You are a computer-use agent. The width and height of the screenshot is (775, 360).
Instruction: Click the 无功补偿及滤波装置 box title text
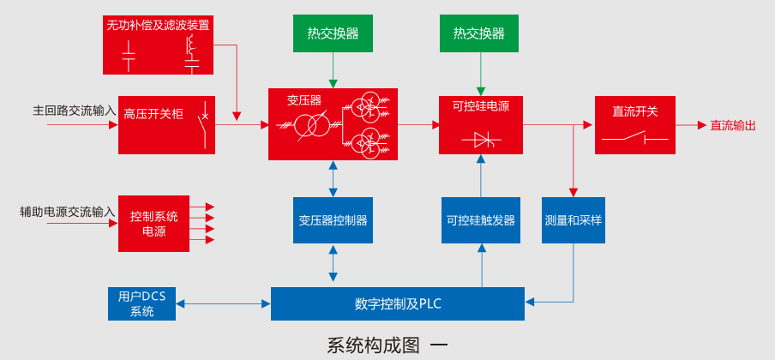158,26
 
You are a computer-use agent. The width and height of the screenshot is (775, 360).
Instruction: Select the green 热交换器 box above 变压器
333,33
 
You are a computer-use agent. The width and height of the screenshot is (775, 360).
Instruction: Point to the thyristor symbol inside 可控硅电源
480,140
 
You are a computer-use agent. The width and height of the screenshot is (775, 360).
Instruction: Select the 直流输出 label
733,125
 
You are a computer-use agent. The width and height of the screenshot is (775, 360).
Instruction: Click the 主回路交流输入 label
74,111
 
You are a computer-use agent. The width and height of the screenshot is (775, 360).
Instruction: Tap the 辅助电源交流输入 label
68,211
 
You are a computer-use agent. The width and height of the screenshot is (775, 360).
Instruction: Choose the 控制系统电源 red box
153,223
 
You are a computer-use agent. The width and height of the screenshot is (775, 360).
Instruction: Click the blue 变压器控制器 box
333,220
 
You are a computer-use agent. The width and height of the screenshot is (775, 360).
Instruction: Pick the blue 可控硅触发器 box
480,220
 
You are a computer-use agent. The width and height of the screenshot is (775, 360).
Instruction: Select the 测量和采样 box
573,220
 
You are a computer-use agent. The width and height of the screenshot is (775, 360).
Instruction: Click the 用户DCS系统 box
141,303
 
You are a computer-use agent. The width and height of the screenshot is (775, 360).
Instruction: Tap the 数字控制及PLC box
397,303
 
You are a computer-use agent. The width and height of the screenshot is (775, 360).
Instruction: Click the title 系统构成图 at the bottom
374,345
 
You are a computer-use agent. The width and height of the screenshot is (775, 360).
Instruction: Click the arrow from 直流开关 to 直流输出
690,125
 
